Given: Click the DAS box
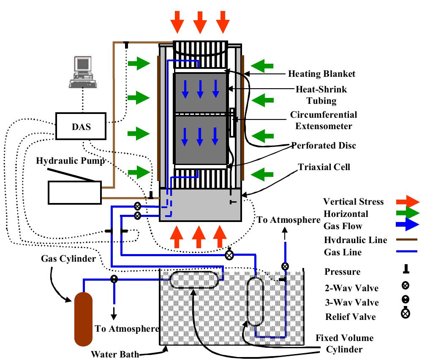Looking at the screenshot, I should [x=81, y=126].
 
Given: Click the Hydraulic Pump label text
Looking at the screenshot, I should [x=70, y=161].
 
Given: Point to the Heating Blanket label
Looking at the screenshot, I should [x=321, y=74].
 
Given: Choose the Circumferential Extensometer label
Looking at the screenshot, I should [x=323, y=120].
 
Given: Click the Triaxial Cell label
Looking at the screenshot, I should [x=325, y=167].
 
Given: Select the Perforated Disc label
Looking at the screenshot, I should [x=324, y=146].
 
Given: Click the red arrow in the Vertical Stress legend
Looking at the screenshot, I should [x=406, y=201].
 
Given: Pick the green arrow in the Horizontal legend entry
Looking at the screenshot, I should [x=406, y=213].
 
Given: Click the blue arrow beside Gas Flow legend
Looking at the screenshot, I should [x=406, y=226].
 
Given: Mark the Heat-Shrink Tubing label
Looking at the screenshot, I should [x=321, y=95].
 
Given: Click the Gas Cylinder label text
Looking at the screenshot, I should [x=68, y=258].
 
